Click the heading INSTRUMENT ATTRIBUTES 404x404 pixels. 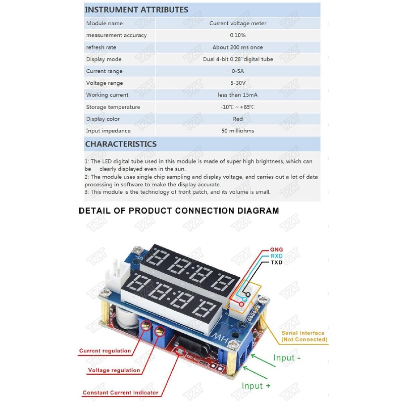click(136, 10)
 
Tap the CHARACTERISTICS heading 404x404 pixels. click(121, 144)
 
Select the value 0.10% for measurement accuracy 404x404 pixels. click(238, 35)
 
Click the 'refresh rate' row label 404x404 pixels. click(101, 47)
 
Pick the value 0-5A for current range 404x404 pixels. click(238, 71)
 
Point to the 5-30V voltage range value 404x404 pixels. click(238, 83)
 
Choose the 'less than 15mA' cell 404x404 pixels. click(238, 95)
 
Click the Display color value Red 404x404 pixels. click(238, 119)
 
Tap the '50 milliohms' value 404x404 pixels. click(238, 131)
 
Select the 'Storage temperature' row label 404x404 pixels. click(113, 107)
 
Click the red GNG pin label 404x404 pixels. click(277, 249)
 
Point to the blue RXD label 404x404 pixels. click(277, 256)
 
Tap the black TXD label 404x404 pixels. click(277, 263)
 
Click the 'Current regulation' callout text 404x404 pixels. click(105, 350)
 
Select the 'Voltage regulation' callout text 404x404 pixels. click(114, 370)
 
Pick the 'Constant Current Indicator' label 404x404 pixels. click(121, 392)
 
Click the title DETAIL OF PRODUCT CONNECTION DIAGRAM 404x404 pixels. click(179, 211)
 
